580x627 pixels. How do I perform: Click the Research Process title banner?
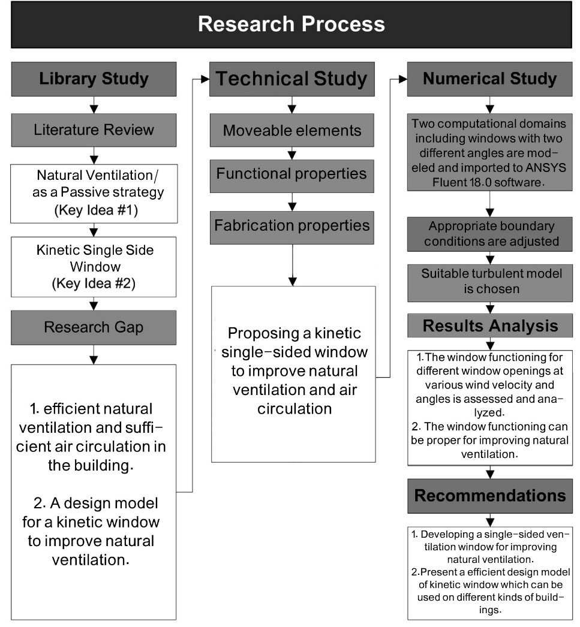tap(291, 25)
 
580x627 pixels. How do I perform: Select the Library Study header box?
tap(94, 79)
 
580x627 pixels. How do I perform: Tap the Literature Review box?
tap(94, 130)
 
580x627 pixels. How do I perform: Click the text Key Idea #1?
tap(96, 210)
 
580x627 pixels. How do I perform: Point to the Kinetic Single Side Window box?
tap(94, 267)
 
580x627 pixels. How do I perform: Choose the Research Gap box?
tap(94, 327)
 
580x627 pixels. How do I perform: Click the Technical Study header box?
tap(292, 79)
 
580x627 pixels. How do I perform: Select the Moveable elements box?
tap(292, 130)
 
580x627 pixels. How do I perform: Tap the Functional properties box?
tap(292, 176)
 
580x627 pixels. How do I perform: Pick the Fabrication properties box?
tap(292, 227)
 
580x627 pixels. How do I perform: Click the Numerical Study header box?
tap(489, 79)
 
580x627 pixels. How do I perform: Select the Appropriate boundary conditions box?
tap(490, 234)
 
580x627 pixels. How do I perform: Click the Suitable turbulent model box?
tap(490, 283)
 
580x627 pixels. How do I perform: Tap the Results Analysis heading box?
tap(490, 325)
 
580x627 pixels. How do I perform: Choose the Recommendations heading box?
tap(490, 496)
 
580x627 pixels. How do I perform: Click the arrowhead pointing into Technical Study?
tap(205, 79)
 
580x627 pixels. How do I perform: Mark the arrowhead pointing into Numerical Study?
tap(403, 79)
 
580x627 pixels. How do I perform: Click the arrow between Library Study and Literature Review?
tap(94, 105)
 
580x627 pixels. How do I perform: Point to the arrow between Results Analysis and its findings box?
tap(490, 344)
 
